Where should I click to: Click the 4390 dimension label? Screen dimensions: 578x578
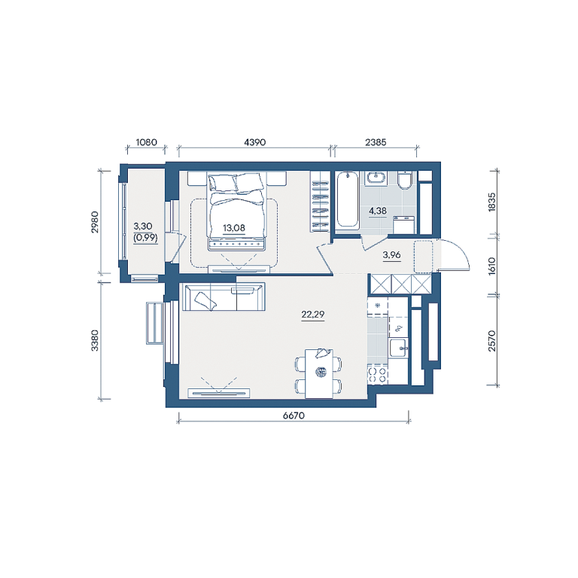pyautogui.click(x=254, y=142)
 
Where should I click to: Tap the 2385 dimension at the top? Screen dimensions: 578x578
pyautogui.click(x=376, y=142)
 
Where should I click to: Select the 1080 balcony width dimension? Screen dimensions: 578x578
pyautogui.click(x=146, y=142)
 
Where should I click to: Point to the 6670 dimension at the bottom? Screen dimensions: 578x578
pyautogui.click(x=294, y=415)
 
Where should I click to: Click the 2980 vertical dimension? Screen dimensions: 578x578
pyautogui.click(x=95, y=222)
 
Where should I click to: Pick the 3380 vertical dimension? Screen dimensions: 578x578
pyautogui.click(x=95, y=340)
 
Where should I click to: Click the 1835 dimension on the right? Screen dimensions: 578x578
pyautogui.click(x=491, y=202)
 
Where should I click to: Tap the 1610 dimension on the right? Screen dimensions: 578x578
pyautogui.click(x=491, y=266)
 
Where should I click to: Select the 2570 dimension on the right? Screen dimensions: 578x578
pyautogui.click(x=491, y=341)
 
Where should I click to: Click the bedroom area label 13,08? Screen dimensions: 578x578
pyautogui.click(x=234, y=228)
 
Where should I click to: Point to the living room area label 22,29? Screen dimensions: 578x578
pyautogui.click(x=313, y=315)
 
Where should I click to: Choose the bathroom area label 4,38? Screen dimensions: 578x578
pyautogui.click(x=378, y=211)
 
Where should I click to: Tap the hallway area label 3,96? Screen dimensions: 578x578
pyautogui.click(x=392, y=254)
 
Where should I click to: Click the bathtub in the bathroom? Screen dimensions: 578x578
pyautogui.click(x=347, y=199)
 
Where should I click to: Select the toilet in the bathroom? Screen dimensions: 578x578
pyautogui.click(x=406, y=181)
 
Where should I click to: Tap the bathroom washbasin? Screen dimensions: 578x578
pyautogui.click(x=376, y=178)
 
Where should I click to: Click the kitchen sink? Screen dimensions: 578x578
pyautogui.click(x=398, y=348)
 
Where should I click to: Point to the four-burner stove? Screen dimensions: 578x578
pyautogui.click(x=378, y=375)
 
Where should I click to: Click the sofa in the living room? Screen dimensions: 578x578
pyautogui.click(x=224, y=297)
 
